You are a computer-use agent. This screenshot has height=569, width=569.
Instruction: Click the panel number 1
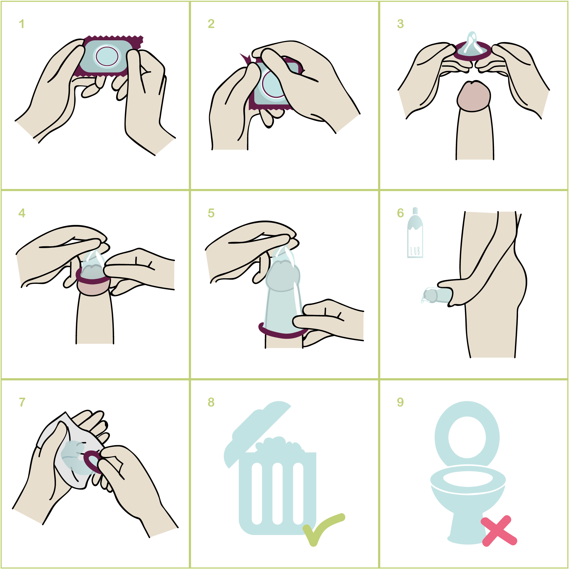21,24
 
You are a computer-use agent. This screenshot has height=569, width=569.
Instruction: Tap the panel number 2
211,24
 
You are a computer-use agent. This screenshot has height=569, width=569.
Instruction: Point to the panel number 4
22,213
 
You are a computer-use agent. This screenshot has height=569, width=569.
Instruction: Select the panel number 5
211,213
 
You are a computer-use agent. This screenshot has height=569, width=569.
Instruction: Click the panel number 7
22,402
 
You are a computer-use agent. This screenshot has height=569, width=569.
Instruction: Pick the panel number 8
211,402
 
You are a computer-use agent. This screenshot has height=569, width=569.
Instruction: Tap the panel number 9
400,402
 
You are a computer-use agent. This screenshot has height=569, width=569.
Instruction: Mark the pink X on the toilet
499,531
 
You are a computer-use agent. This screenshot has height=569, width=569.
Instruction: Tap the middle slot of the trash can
277,493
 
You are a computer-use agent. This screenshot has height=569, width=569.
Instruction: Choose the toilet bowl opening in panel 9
468,479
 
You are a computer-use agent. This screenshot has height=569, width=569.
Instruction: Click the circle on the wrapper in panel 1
107,56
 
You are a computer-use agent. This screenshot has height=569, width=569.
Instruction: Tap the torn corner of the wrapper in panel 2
245,58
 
